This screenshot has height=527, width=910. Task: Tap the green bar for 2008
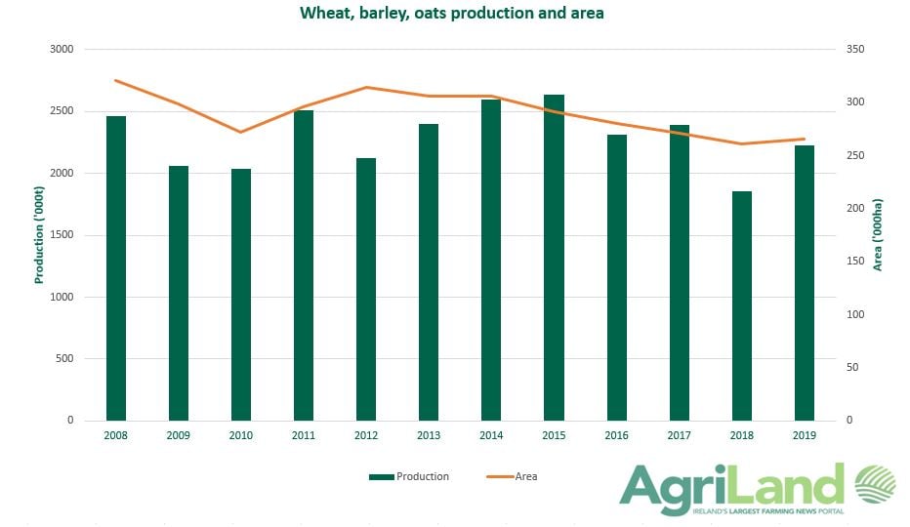click(116, 268)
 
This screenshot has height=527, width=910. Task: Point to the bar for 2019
click(805, 283)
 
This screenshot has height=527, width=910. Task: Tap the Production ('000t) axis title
click(40, 234)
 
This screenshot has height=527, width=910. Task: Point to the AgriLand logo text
click(732, 485)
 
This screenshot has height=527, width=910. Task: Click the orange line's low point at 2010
click(241, 132)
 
